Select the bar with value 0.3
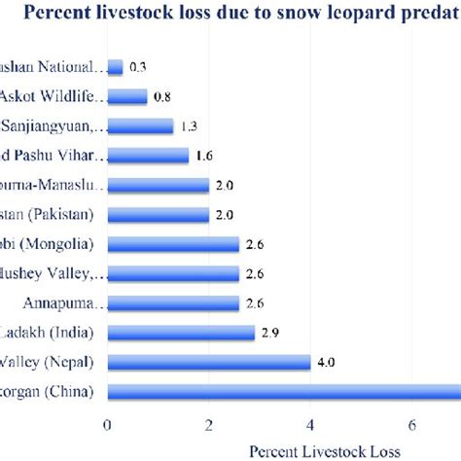[115, 67]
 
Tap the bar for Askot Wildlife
[127, 96]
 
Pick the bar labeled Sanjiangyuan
[140, 126]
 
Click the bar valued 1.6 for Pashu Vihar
[148, 156]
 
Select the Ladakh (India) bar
[181, 333]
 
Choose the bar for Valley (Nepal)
[209, 363]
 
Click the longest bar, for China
[282, 392]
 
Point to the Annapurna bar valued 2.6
[173, 303]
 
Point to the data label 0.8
[162, 96]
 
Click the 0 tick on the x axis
[107, 424]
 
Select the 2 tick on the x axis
[209, 424]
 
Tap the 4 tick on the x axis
[310, 424]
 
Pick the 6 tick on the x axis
[412, 424]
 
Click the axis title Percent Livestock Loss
[311, 450]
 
